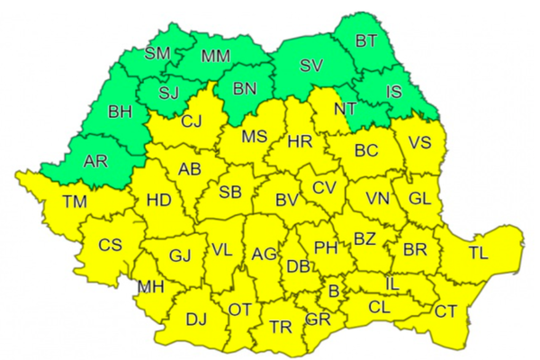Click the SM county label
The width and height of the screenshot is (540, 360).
[x=157, y=53]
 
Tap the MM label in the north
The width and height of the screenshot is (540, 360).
[x=215, y=57]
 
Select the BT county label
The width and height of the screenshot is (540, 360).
[x=366, y=40]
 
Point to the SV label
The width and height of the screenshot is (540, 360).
[x=310, y=66]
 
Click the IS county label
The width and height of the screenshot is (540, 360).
[x=392, y=91]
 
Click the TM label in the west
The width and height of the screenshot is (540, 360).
[x=75, y=202]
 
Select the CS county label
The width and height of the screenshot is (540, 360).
[x=111, y=245]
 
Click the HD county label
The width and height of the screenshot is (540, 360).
[x=158, y=200]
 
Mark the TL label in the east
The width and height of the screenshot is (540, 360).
[x=478, y=253]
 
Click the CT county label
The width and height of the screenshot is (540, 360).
[x=445, y=311]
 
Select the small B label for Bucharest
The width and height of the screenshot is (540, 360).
[x=333, y=292]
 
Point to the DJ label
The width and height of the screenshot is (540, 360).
[x=195, y=318]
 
